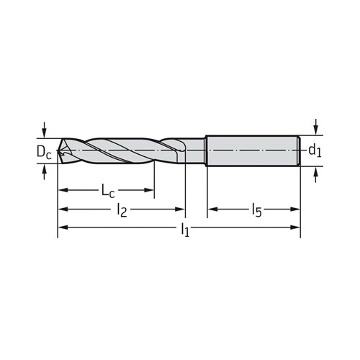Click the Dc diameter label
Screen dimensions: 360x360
(44, 153)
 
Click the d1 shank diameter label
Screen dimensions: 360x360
(315, 150)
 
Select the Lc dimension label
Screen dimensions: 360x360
(108, 191)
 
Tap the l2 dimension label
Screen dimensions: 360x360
(122, 210)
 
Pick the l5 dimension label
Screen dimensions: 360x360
(257, 210)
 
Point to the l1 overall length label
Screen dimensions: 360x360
(185, 230)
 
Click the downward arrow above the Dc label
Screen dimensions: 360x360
(44, 129)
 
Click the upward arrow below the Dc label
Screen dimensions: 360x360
(44, 173)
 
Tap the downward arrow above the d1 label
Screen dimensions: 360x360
(316, 127)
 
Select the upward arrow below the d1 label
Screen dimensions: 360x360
(316, 175)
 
